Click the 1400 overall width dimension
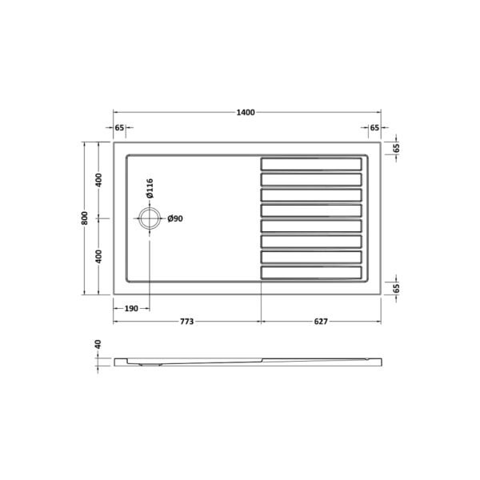[x=246, y=113]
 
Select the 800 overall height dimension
[x=85, y=218]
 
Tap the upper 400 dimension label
[x=98, y=180]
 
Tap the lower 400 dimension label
[x=98, y=257]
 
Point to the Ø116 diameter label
[x=150, y=189]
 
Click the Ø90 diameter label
[x=175, y=218]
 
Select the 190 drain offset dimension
[x=131, y=309]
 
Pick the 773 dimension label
[x=186, y=322]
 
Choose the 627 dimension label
[x=321, y=322]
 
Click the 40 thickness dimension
[x=98, y=344]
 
